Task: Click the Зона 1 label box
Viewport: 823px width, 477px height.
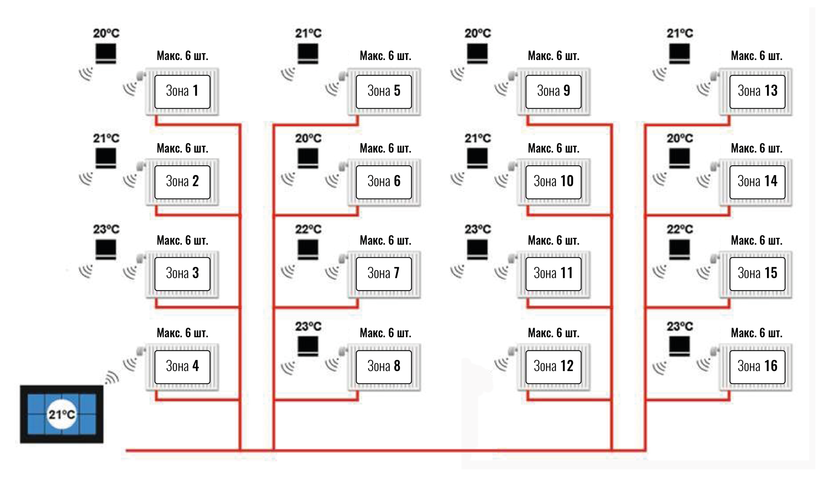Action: pyautogui.click(x=182, y=91)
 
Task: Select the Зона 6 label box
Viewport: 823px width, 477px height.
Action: pyautogui.click(x=384, y=182)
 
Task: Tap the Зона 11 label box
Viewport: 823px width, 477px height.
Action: pyautogui.click(x=553, y=273)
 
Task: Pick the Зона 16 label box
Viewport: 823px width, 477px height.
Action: pyautogui.click(x=757, y=366)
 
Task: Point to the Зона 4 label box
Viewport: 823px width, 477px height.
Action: pyautogui.click(x=182, y=366)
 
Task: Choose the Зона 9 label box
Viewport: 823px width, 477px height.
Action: pyautogui.click(x=553, y=91)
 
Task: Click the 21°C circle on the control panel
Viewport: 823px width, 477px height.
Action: pyautogui.click(x=62, y=414)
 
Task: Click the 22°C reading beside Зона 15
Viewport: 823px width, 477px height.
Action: pyautogui.click(x=680, y=229)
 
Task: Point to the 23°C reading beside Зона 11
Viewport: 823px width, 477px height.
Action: pyautogui.click(x=478, y=229)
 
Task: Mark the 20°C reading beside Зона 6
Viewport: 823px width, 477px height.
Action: pyautogui.click(x=308, y=139)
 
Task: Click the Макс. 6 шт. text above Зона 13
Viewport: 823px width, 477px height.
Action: pyautogui.click(x=756, y=56)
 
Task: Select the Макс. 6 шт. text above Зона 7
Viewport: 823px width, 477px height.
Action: pyautogui.click(x=385, y=241)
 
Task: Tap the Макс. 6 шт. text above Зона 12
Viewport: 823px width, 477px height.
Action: pyautogui.click(x=553, y=333)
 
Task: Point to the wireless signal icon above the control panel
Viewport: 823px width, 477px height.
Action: pyautogui.click(x=112, y=377)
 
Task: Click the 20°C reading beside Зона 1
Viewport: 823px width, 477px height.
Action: pyautogui.click(x=106, y=33)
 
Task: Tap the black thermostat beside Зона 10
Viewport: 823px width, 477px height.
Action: pyautogui.click(x=477, y=158)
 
